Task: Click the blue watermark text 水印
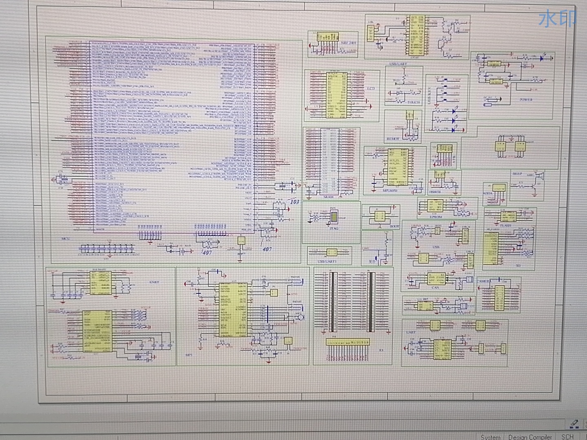coord(557,19)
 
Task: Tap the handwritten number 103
coord(294,202)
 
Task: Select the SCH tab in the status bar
coord(567,436)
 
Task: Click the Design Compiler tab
coord(530,437)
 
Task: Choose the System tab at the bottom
coord(490,437)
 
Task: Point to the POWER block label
coord(526,99)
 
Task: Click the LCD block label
coord(371,88)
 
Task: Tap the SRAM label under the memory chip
coord(328,197)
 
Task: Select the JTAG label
coord(333,228)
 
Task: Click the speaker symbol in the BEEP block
coord(539,177)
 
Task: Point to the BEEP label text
coord(517,174)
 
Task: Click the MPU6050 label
coord(390,190)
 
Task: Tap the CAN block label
coord(435,288)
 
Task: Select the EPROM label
coord(436,217)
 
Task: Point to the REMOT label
coord(393,139)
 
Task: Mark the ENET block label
coord(154,282)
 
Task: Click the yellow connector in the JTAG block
coord(334,218)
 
